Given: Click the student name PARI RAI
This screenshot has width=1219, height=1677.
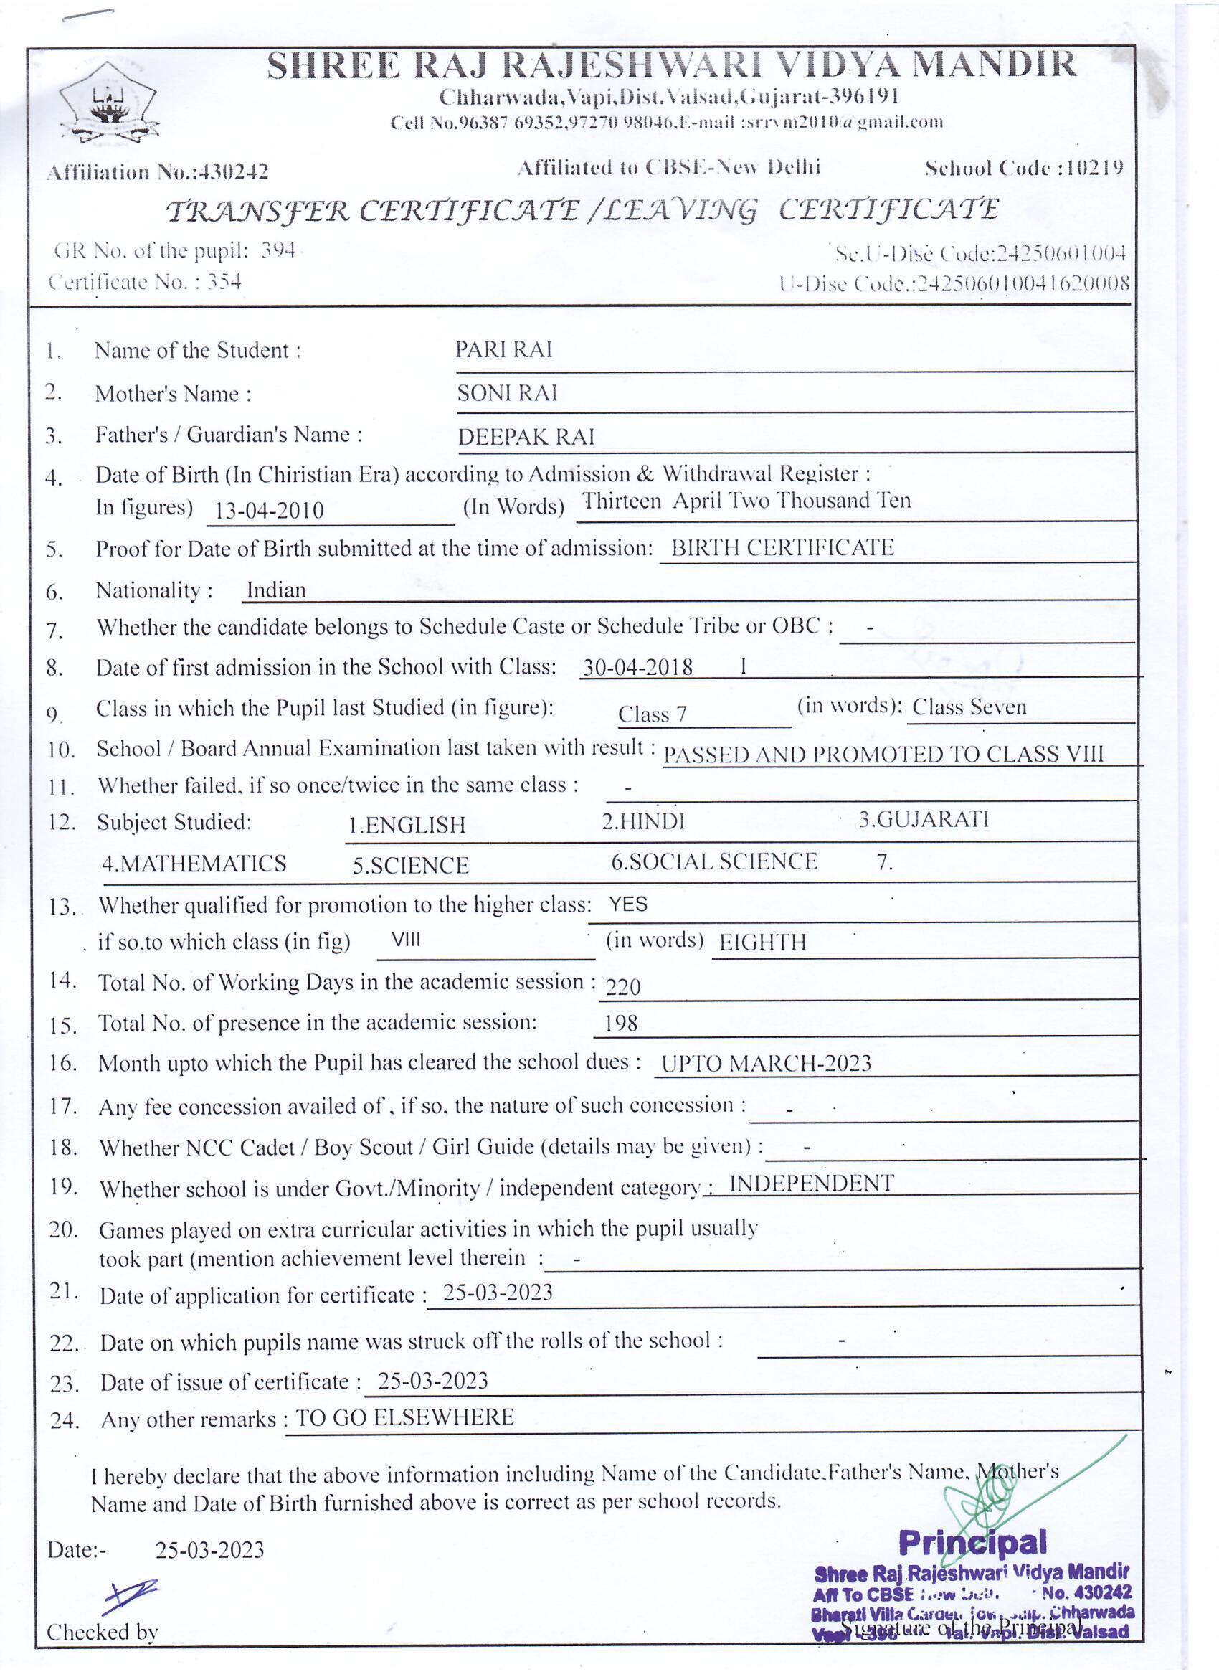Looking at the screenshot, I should (x=503, y=350).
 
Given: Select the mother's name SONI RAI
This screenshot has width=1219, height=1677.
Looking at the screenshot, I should (x=506, y=392).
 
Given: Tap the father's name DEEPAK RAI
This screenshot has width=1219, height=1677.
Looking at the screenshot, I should (x=526, y=436).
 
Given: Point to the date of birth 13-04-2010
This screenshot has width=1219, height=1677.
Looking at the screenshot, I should (x=269, y=510).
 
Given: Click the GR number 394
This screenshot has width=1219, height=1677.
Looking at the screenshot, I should (x=278, y=250).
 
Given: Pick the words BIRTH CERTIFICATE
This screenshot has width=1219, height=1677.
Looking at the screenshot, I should (x=782, y=548).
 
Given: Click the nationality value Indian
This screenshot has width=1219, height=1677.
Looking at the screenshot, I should (x=276, y=590).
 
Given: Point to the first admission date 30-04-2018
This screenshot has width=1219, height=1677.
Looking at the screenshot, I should (x=637, y=668).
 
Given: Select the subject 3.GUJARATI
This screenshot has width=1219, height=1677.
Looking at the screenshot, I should (x=923, y=819).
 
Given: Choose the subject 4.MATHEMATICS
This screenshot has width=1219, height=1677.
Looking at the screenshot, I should (x=194, y=864).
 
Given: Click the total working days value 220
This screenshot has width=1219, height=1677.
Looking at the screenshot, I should (x=622, y=986).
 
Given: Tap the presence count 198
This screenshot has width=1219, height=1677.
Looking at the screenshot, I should (x=620, y=1024).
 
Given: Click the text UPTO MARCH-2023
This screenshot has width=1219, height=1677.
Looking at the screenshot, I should (x=766, y=1063).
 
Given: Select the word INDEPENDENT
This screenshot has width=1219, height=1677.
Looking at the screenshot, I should (x=811, y=1184).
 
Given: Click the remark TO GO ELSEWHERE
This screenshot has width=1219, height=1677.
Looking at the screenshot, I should (x=404, y=1417).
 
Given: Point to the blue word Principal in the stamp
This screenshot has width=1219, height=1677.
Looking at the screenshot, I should (x=972, y=1542).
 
